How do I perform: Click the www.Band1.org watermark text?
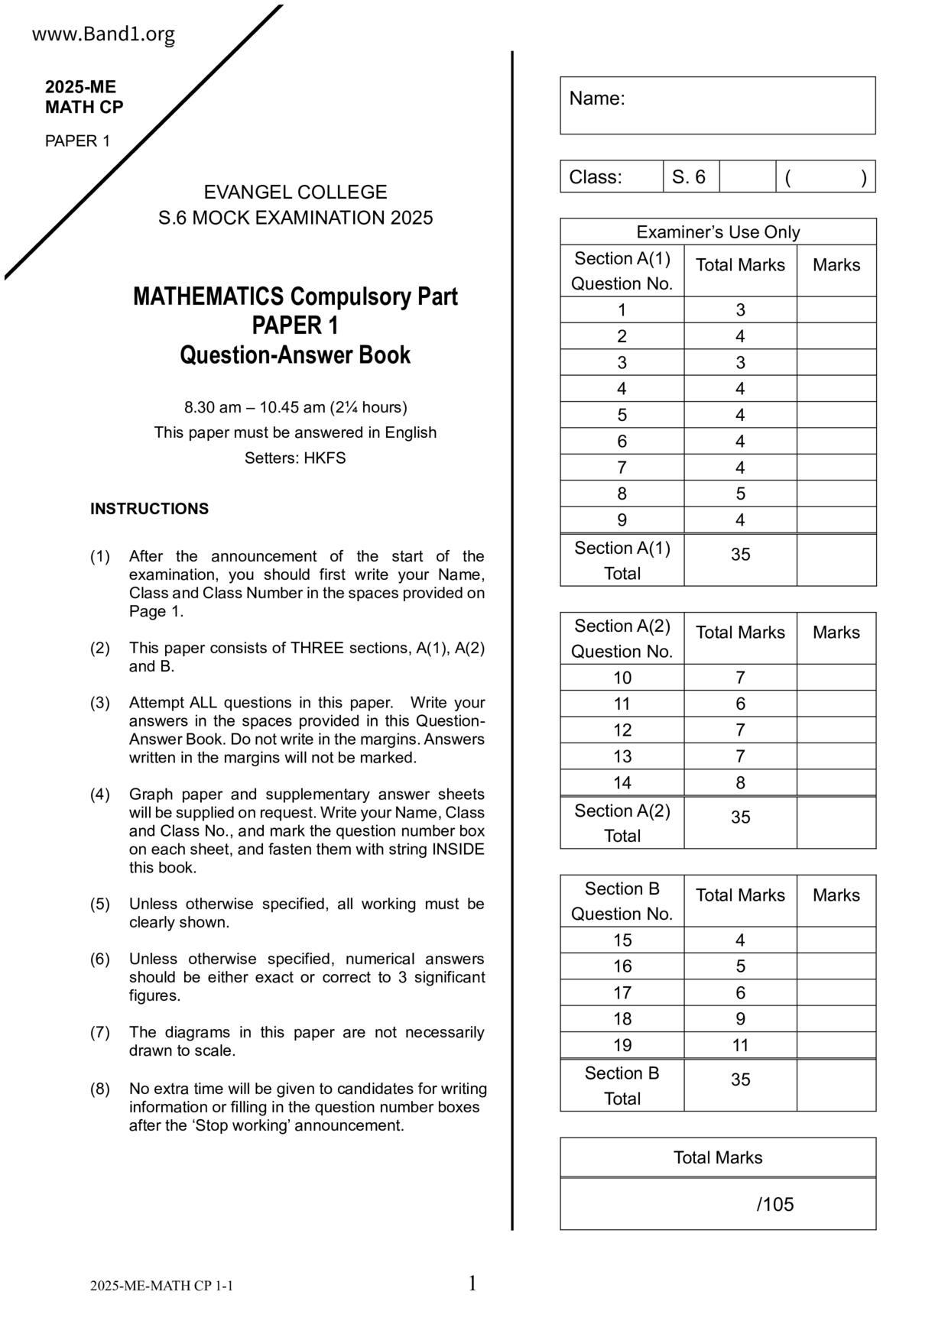pos(103,34)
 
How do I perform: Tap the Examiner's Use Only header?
pos(717,232)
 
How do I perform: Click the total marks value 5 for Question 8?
pos(740,494)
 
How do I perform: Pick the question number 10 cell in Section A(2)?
pos(622,678)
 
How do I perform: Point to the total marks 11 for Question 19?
pos(740,1045)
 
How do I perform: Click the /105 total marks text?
pos(775,1205)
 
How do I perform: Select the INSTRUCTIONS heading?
pos(149,509)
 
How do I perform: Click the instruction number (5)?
pos(100,904)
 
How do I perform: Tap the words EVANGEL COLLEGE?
pos(295,192)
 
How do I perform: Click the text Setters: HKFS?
pos(295,458)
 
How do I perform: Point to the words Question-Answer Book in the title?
pos(295,355)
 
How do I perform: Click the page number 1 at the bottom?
pos(472,1283)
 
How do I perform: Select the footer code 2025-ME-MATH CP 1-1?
pos(161,1286)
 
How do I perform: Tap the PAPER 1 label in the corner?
pos(77,141)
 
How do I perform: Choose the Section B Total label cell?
pos(622,1086)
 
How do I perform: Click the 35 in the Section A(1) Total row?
pos(740,555)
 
